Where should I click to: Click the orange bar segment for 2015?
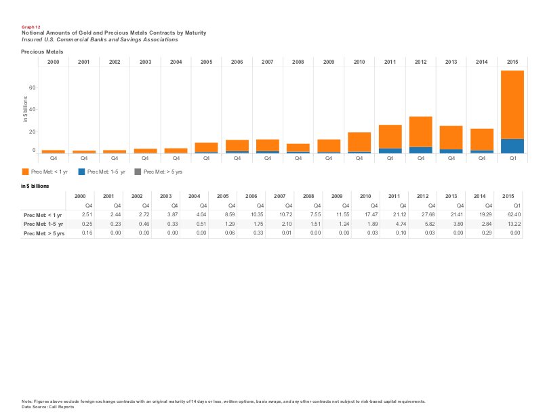(x=512, y=104)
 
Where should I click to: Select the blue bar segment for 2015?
(x=512, y=146)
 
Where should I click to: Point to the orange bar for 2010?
(x=359, y=142)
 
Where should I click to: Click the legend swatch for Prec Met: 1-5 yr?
(x=82, y=172)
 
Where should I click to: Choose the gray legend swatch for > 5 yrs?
(x=138, y=172)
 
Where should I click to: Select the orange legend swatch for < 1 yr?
(x=25, y=172)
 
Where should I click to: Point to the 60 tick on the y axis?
(x=32, y=87)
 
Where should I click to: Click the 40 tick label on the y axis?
(x=32, y=109)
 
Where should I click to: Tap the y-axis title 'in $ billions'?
(x=25, y=109)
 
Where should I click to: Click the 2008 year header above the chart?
(x=298, y=62)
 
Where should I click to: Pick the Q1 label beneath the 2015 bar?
(x=512, y=158)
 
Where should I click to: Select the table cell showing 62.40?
(x=514, y=214)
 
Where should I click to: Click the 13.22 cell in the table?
(x=514, y=224)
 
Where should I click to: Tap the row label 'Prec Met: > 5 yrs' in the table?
(x=43, y=233)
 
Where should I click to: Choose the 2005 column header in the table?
(x=222, y=195)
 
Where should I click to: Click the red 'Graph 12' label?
(x=31, y=27)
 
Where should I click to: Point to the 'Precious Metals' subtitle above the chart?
(x=42, y=52)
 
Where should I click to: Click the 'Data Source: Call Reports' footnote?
(x=47, y=406)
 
